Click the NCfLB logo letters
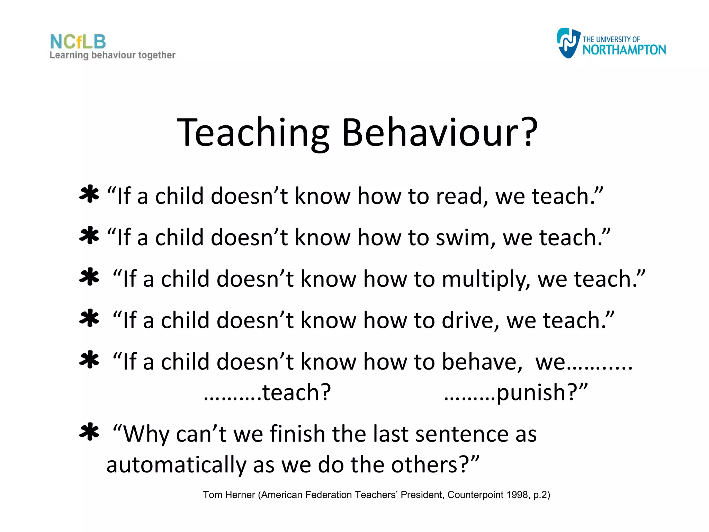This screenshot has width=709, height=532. click(x=78, y=42)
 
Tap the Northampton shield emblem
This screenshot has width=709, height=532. click(x=568, y=43)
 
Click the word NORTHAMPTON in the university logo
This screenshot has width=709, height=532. click(x=624, y=50)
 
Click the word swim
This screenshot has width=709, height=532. click(x=462, y=238)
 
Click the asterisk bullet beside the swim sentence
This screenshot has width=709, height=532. click(x=89, y=236)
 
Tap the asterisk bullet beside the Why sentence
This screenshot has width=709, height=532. click(x=89, y=432)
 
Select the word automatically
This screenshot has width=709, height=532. click(x=176, y=465)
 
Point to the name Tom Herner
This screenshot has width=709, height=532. click(x=229, y=495)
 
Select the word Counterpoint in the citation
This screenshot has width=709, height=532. click(x=475, y=495)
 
